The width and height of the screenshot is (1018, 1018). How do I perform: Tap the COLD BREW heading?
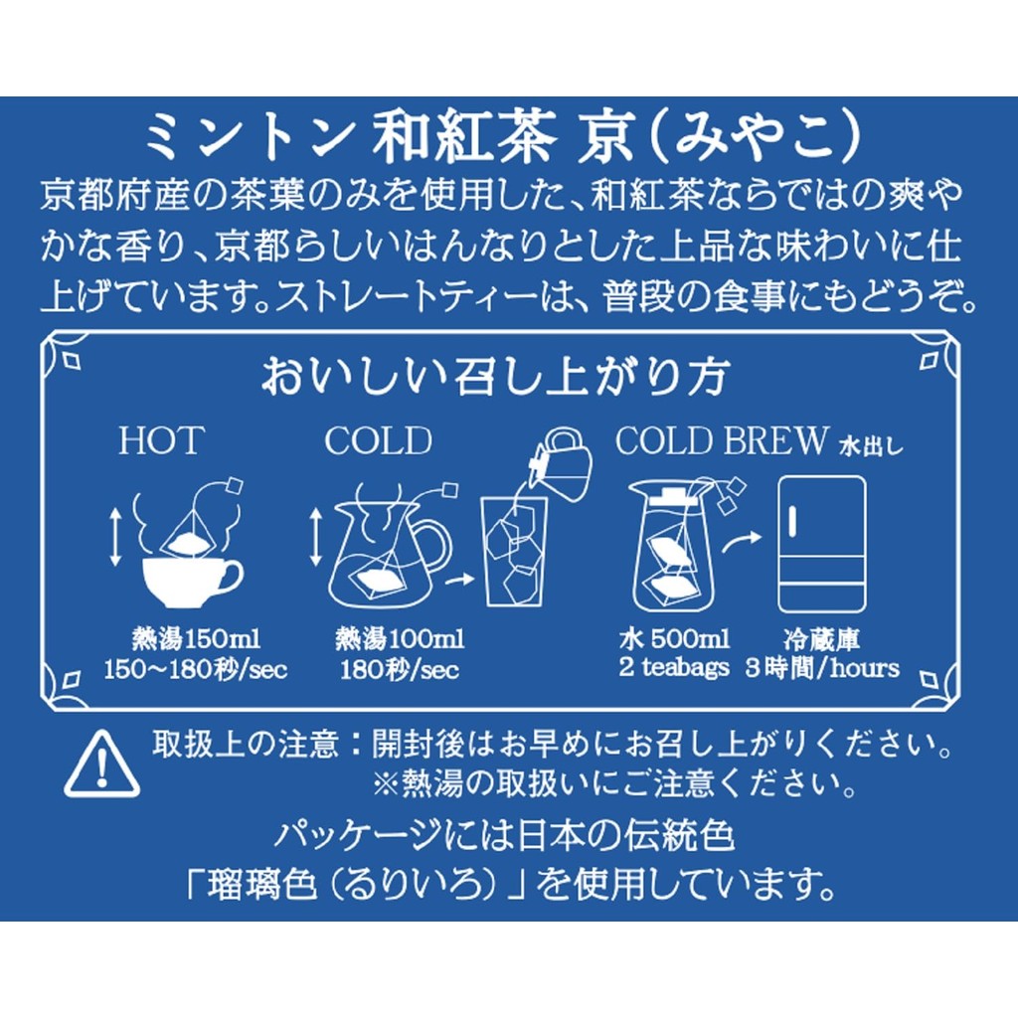[722, 440]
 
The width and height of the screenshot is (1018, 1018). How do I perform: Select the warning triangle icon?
[101, 763]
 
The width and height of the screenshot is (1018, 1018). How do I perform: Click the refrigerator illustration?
[822, 544]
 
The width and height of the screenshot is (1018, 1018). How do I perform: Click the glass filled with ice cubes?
[514, 551]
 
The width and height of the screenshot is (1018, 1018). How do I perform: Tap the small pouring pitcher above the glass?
[563, 462]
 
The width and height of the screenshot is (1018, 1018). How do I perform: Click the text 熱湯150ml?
[196, 639]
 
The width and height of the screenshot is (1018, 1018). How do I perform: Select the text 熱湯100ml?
[400, 639]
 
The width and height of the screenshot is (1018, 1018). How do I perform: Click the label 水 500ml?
[674, 639]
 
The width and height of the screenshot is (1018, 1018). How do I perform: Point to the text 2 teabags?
[674, 668]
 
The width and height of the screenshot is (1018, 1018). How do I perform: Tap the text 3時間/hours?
[822, 668]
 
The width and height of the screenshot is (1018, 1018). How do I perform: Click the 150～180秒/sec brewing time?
[196, 669]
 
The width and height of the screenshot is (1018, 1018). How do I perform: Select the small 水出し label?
[871, 446]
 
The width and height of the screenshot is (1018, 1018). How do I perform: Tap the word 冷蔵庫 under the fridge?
[822, 639]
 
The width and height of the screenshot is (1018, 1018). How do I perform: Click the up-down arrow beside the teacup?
[115, 536]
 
